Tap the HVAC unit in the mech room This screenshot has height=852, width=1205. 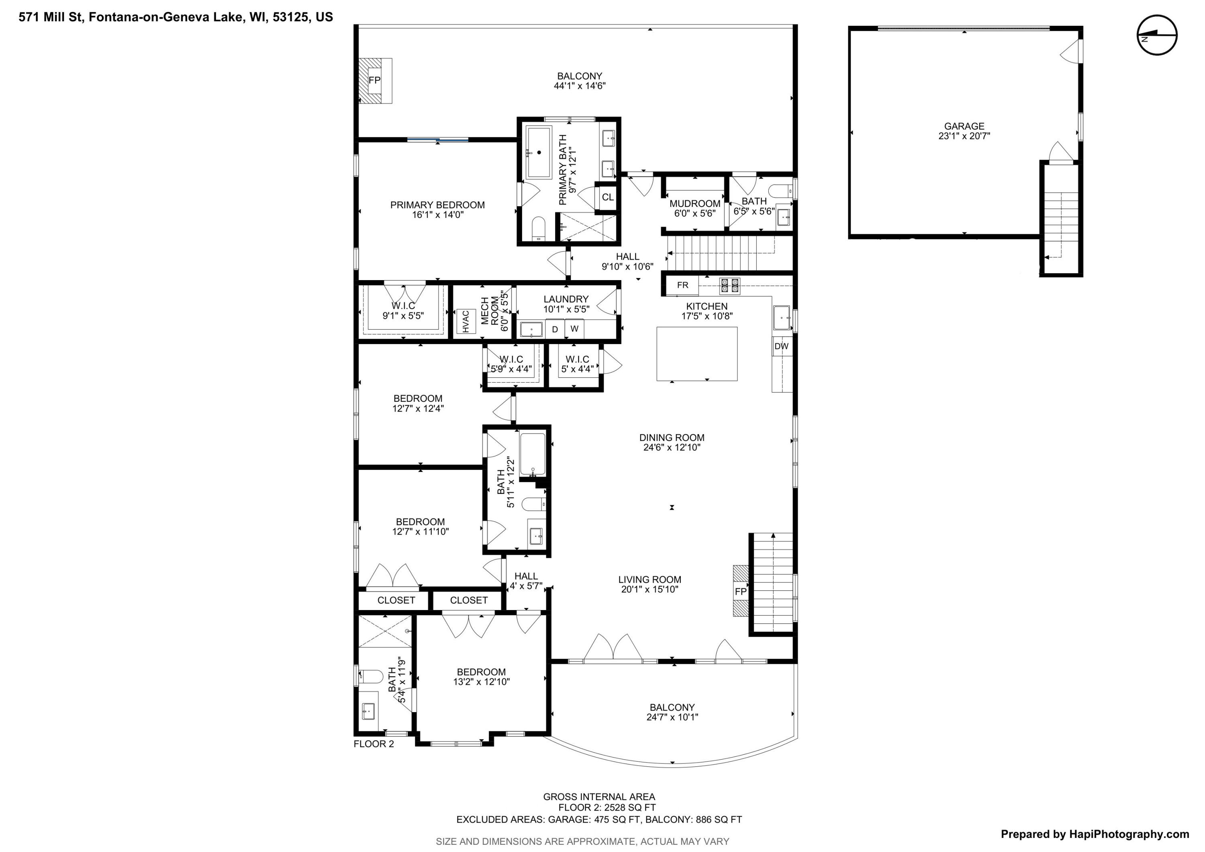point(466,321)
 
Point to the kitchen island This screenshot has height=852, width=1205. point(697,354)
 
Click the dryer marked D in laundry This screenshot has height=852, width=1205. point(555,329)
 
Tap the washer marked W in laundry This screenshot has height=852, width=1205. point(574,329)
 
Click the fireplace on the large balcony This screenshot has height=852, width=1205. point(375,80)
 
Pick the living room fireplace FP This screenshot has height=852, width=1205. point(741,591)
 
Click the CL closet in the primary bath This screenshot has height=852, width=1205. point(608,197)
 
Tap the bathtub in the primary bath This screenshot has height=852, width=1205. point(539,152)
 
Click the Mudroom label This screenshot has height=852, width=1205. point(695,204)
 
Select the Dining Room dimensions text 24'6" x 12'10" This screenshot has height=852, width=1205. point(672,448)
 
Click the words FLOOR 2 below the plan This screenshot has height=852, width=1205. point(374,744)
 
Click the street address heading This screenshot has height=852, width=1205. point(176,17)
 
